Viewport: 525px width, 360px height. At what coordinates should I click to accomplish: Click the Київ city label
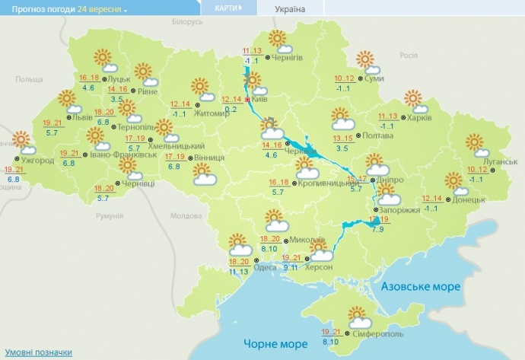pyautogui.click(x=260, y=100)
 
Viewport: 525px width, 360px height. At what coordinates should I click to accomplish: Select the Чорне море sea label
pyautogui.click(x=275, y=344)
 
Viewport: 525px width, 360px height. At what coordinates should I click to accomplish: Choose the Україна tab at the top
pyautogui.click(x=290, y=9)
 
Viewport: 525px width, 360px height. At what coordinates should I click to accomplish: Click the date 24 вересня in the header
pyautogui.click(x=102, y=9)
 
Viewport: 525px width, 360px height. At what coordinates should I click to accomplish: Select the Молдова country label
pyautogui.click(x=185, y=216)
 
